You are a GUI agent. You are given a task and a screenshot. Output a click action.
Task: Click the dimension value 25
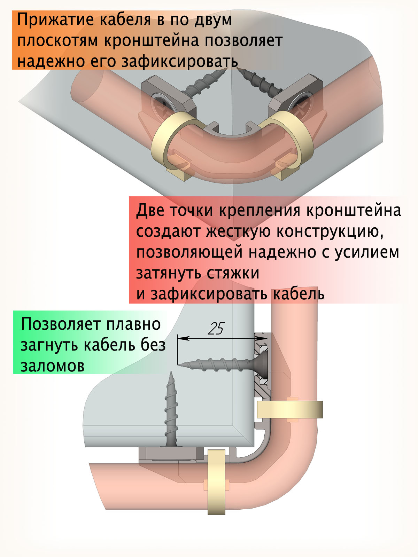tap(216, 328)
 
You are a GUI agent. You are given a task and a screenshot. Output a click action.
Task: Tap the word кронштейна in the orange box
tap(152, 40)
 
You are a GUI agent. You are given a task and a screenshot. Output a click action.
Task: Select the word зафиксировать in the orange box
tap(179, 61)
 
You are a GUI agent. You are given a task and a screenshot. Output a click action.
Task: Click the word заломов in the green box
tap(53, 366)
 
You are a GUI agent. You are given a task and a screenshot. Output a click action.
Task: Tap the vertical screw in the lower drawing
tap(171, 411)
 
